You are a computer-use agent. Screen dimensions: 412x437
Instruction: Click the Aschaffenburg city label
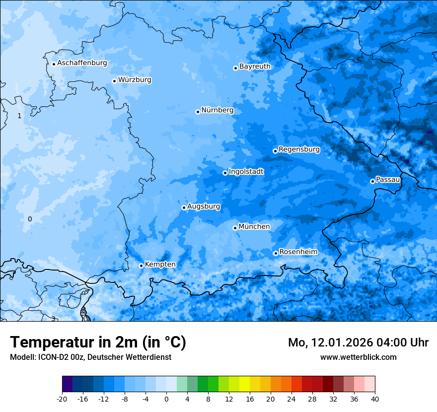tap(82, 63)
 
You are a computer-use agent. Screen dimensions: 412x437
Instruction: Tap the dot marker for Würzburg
tap(114, 81)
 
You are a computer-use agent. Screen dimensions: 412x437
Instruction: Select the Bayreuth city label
tap(255, 67)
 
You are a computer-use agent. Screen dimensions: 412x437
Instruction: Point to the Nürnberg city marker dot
tap(198, 112)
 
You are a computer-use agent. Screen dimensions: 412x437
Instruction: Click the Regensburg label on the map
tap(299, 149)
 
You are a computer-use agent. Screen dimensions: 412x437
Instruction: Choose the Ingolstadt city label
tap(246, 172)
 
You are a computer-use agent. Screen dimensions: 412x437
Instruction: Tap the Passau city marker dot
tap(372, 181)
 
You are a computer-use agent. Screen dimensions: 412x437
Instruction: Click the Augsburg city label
tap(204, 206)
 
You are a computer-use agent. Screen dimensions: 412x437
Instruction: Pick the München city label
tap(254, 227)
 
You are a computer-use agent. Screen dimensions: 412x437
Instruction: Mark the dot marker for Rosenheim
tap(276, 254)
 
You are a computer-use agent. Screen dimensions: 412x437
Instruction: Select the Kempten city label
tap(160, 265)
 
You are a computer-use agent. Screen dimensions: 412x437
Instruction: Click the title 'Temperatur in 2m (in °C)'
tap(98, 342)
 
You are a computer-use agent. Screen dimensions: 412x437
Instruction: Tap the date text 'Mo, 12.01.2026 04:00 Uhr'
tap(358, 343)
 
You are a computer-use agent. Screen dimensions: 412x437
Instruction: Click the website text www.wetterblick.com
tap(358, 357)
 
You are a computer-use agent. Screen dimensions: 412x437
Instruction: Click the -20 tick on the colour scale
tap(62, 399)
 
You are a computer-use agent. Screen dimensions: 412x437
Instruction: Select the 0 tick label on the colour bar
tap(166, 399)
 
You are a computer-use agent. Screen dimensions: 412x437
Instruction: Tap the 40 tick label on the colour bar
tap(375, 399)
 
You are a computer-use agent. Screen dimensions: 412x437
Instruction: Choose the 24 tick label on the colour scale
tap(291, 399)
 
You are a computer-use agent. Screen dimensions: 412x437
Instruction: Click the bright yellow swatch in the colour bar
tap(244, 384)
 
